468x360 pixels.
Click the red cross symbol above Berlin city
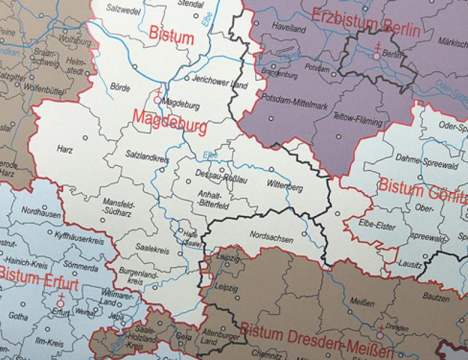tap(378, 46)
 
